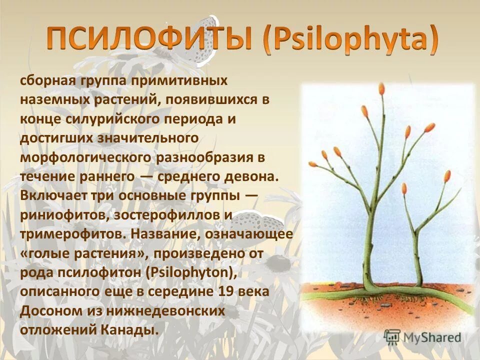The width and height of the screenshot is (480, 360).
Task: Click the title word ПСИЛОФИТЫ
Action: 149,39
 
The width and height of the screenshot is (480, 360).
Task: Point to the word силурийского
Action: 123,119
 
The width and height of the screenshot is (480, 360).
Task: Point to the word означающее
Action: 250,233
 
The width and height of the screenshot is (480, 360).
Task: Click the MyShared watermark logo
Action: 422,337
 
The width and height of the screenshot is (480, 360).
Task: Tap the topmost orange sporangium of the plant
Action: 382,89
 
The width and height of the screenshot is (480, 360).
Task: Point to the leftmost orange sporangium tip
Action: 313,163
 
